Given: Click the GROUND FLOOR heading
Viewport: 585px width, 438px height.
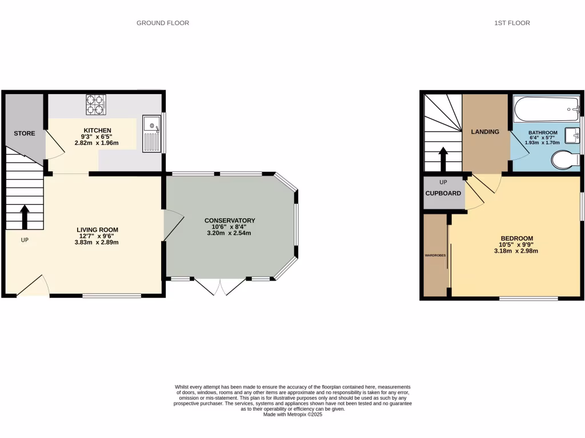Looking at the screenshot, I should click(x=163, y=23).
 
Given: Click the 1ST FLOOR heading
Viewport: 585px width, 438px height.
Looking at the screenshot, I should click(x=512, y=23).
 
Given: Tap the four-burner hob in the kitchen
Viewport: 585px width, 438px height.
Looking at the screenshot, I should click(x=96, y=105).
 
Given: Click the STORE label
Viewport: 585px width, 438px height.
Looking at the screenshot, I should click(x=25, y=133).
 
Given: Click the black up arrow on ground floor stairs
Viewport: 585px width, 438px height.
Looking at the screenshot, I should click(x=25, y=217).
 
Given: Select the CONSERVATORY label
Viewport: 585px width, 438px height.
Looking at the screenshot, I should click(x=230, y=221).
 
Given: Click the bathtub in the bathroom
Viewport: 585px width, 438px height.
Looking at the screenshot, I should click(x=546, y=107).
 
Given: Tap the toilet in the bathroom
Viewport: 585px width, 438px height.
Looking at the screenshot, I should click(x=566, y=160).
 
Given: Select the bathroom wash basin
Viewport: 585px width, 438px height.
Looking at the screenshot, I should click(x=572, y=136).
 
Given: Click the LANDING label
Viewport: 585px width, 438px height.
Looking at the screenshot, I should click(x=485, y=132).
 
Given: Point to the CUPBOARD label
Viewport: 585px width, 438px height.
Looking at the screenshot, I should click(x=443, y=193).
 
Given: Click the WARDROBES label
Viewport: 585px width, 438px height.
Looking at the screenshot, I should click(x=435, y=255).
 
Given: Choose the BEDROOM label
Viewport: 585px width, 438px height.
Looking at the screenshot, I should click(x=516, y=238).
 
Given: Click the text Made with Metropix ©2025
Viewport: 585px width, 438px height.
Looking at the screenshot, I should click(x=292, y=415).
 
